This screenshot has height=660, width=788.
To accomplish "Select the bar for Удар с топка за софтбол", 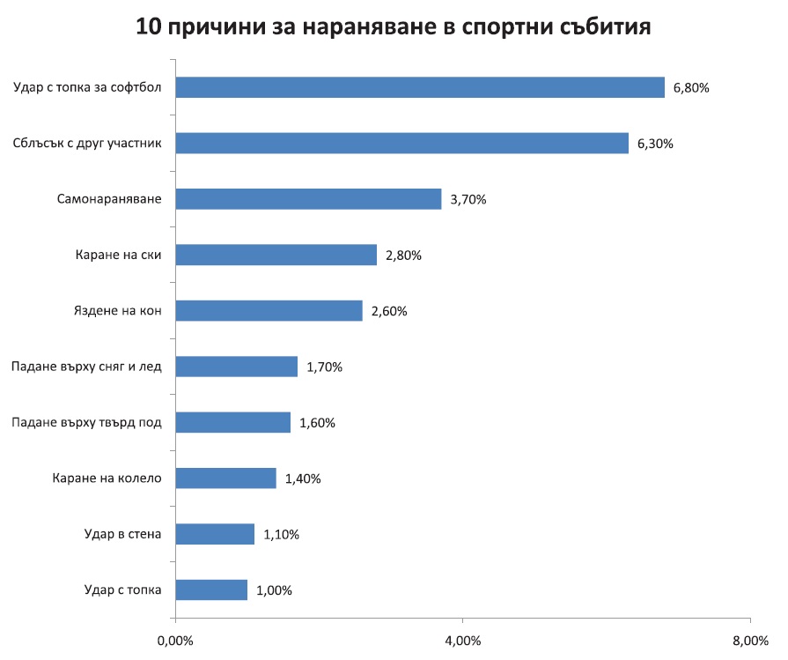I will click(420, 87).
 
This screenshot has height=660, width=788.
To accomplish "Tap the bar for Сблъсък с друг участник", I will click(401, 143).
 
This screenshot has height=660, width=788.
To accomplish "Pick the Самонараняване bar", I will click(308, 199).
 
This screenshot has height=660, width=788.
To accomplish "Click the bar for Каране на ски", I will click(276, 255).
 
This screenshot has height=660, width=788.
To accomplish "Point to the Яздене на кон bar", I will click(269, 310).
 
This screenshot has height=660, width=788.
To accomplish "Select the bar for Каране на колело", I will click(225, 478).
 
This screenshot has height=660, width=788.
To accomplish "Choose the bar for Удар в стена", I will click(215, 534).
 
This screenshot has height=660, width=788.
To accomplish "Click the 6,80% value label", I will click(691, 88).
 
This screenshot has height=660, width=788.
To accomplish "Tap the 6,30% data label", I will click(655, 144).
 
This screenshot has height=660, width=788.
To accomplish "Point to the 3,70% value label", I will click(468, 200).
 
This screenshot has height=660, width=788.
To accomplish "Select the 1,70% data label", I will click(324, 367).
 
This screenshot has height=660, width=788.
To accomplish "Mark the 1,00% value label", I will click(274, 590).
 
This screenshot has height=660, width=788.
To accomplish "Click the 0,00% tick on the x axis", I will click(175, 639).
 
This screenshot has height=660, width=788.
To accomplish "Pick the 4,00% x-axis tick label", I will click(462, 639).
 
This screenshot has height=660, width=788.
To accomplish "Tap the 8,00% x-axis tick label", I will click(749, 639).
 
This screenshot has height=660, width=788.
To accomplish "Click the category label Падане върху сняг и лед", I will click(86, 367).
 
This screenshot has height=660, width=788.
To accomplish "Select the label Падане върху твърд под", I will click(86, 422).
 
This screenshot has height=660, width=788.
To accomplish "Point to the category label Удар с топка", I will click(123, 590).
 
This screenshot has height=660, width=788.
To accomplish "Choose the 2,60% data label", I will click(388, 311).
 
